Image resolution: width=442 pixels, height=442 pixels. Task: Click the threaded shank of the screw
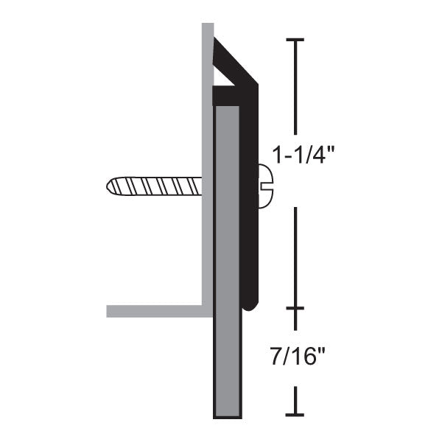(155, 186)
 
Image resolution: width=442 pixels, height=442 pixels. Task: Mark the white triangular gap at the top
(223, 74)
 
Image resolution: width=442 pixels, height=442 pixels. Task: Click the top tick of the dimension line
(295, 41)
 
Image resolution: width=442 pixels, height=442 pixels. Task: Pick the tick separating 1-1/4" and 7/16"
(295, 309)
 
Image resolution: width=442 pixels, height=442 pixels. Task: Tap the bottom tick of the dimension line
(295, 413)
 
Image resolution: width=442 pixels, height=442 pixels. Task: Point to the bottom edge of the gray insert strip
(227, 417)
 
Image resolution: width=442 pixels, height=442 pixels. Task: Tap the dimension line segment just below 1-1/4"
(295, 258)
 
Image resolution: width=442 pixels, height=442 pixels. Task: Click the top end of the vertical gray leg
(208, 27)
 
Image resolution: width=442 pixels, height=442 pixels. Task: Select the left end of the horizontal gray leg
(110, 311)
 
